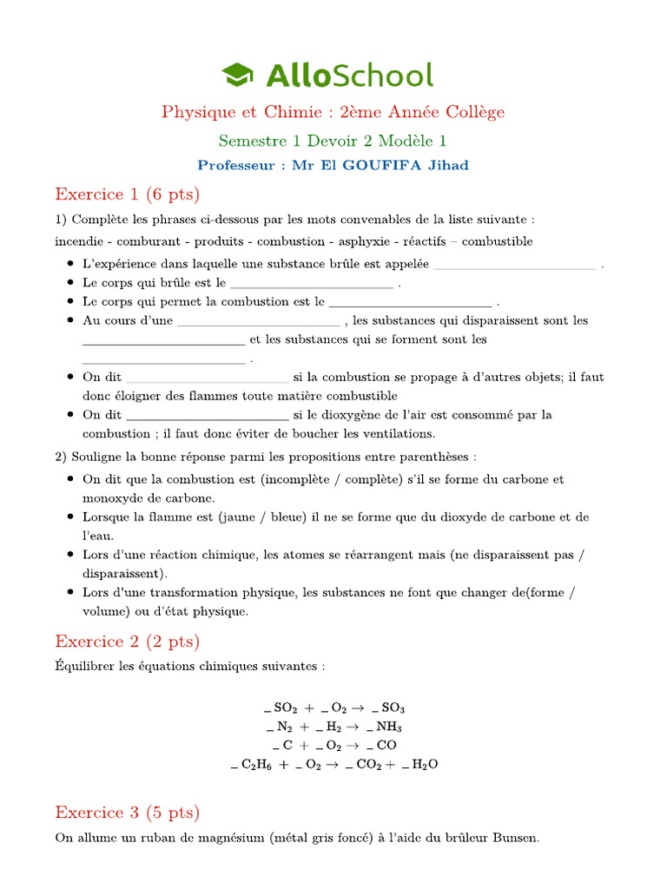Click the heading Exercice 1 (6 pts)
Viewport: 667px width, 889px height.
coord(127,193)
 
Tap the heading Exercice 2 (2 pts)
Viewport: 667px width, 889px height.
coord(127,642)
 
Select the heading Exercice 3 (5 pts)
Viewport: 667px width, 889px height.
coord(127,813)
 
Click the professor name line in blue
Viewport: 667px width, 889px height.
coord(333,165)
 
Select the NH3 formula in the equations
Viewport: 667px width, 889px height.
coord(388,727)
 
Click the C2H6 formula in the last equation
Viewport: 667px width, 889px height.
coord(258,765)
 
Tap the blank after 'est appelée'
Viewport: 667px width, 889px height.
coord(514,264)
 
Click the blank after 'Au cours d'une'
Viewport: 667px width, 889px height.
coord(259,320)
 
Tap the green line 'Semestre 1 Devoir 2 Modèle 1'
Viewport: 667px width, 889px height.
coord(333,140)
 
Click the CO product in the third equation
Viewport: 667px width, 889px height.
coord(387,746)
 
